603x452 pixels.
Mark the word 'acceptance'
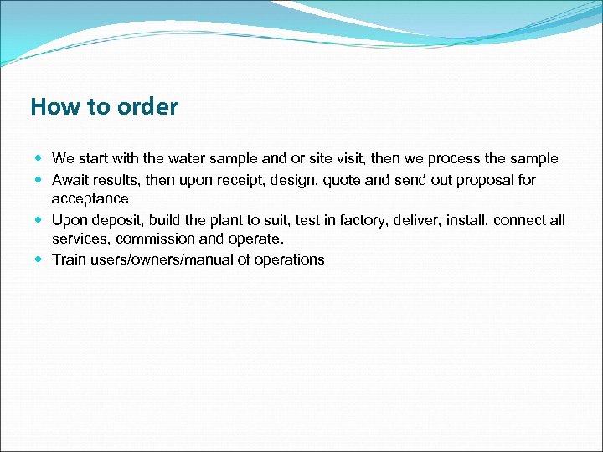90,199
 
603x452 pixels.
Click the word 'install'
465,220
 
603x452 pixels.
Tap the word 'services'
80,239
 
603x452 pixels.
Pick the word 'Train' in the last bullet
69,259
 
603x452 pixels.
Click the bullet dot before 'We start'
40,159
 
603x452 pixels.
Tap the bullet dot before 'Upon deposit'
40,220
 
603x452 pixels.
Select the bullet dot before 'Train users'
40,259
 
